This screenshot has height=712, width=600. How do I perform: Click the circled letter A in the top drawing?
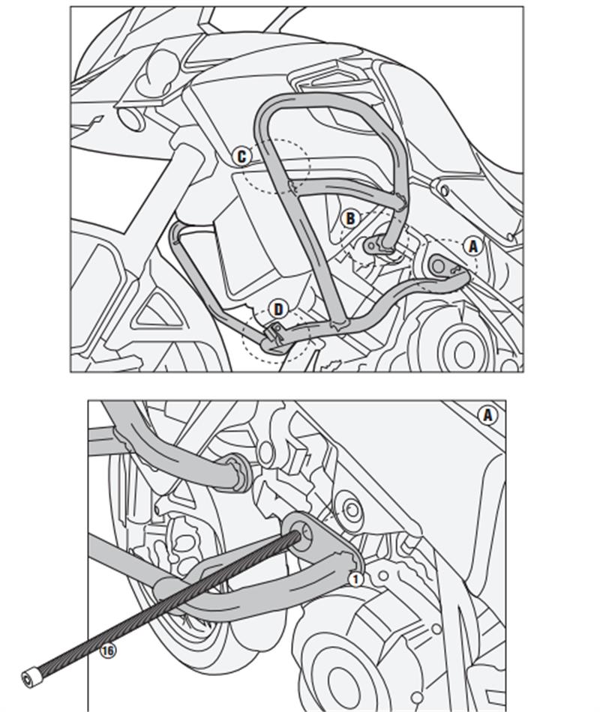pos(472,245)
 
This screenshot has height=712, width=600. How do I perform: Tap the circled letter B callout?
pos(349,218)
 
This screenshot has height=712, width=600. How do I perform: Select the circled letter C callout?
pos(241,156)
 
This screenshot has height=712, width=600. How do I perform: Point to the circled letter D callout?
pos(278,309)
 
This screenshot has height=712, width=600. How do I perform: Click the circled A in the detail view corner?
pos(488,414)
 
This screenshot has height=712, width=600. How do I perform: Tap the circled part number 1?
pos(355,578)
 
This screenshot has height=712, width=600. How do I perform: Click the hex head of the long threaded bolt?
pos(31,678)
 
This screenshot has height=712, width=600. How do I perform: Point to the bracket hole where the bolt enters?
pos(305,534)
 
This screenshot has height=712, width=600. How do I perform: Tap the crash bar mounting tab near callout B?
pos(373,245)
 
